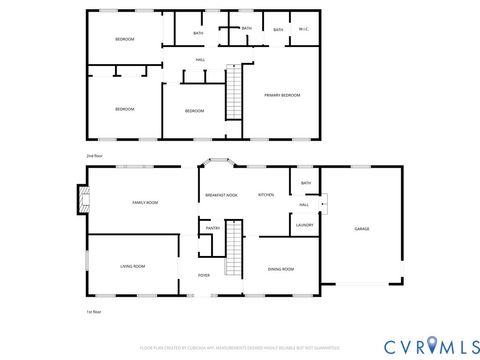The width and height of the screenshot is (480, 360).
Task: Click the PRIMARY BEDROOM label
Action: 282,95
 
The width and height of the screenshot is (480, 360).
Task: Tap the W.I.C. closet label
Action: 304,29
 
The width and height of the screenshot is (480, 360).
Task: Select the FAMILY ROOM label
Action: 145,202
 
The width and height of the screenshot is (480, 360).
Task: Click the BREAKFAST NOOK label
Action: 220,195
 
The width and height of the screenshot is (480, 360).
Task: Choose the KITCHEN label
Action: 266,195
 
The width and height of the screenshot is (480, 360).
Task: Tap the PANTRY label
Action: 213,228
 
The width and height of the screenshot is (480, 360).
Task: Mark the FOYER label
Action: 203,275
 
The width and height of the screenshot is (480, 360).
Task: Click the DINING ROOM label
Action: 280,269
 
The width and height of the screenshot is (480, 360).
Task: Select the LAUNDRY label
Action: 305,225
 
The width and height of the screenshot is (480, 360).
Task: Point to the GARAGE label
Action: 362,229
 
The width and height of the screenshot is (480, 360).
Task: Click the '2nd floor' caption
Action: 95,156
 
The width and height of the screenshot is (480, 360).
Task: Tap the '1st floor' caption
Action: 95,312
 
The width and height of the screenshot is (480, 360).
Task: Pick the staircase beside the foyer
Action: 233,250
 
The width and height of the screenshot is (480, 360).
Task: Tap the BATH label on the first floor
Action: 305,183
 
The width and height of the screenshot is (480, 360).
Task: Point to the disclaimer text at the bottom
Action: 240,347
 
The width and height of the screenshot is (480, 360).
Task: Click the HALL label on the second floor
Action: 200,60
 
